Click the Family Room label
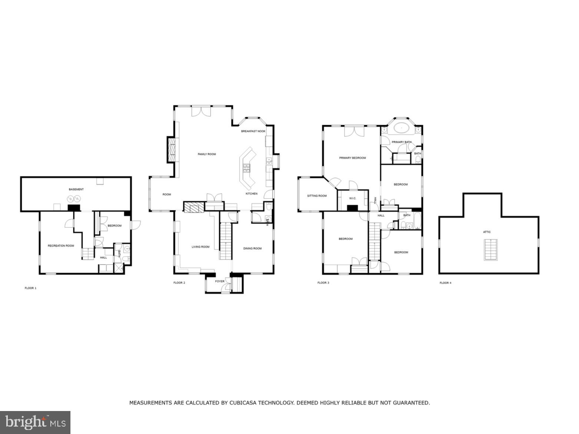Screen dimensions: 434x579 point(206,154)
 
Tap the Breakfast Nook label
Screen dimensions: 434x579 point(253,131)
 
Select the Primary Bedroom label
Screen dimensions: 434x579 point(352,158)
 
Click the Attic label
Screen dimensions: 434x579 point(487,232)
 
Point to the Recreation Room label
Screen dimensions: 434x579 point(61,246)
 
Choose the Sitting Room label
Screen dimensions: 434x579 point(317,196)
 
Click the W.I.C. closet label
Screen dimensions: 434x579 point(352,199)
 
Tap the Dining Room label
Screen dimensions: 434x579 point(252,249)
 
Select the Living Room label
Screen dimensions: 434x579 point(200,247)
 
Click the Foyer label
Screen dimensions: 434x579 point(220,281)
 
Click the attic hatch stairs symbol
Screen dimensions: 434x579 point(490,250)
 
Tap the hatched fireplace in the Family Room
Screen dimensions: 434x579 point(171,150)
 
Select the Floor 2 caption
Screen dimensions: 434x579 point(179,283)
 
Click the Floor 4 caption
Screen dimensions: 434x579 point(445,283)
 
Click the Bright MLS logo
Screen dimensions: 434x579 point(35,423)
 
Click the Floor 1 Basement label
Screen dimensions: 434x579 point(76,189)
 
